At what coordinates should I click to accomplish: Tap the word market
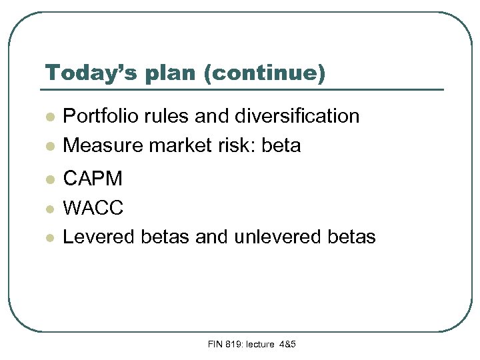click(x=173, y=145)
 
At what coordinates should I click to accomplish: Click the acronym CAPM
click(x=93, y=179)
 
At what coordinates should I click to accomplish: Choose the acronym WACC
click(x=93, y=208)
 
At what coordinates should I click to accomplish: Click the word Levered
click(x=97, y=237)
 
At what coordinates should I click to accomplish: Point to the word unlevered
click(x=270, y=237)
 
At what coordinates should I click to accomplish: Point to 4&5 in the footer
click(x=287, y=344)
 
